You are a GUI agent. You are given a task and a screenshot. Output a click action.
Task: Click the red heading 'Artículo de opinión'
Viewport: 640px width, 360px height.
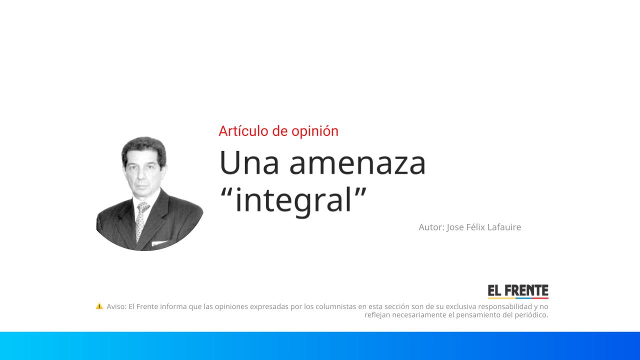pyautogui.click(x=278, y=131)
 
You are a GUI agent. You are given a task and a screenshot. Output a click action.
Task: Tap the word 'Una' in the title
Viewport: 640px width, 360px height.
pyautogui.click(x=249, y=163)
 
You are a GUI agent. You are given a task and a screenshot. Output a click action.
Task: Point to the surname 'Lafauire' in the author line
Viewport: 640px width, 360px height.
pyautogui.click(x=502, y=227)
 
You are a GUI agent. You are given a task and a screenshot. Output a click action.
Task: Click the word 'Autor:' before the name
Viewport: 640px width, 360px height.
pyautogui.click(x=431, y=227)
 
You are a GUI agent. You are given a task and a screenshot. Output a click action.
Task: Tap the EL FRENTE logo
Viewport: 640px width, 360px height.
pyautogui.click(x=518, y=291)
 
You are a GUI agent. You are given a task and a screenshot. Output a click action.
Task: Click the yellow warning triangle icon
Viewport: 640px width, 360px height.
pyautogui.click(x=99, y=306)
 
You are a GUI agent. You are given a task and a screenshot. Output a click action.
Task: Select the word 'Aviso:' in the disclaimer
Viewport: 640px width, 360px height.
pyautogui.click(x=116, y=306)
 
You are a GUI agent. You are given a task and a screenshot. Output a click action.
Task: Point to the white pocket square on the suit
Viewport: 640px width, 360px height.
pyautogui.click(x=160, y=244)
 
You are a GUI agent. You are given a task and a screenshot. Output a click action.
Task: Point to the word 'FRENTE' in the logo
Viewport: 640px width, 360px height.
pyautogui.click(x=526, y=290)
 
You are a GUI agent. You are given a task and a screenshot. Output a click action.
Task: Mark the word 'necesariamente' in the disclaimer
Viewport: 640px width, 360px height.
pyautogui.click(x=419, y=315)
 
